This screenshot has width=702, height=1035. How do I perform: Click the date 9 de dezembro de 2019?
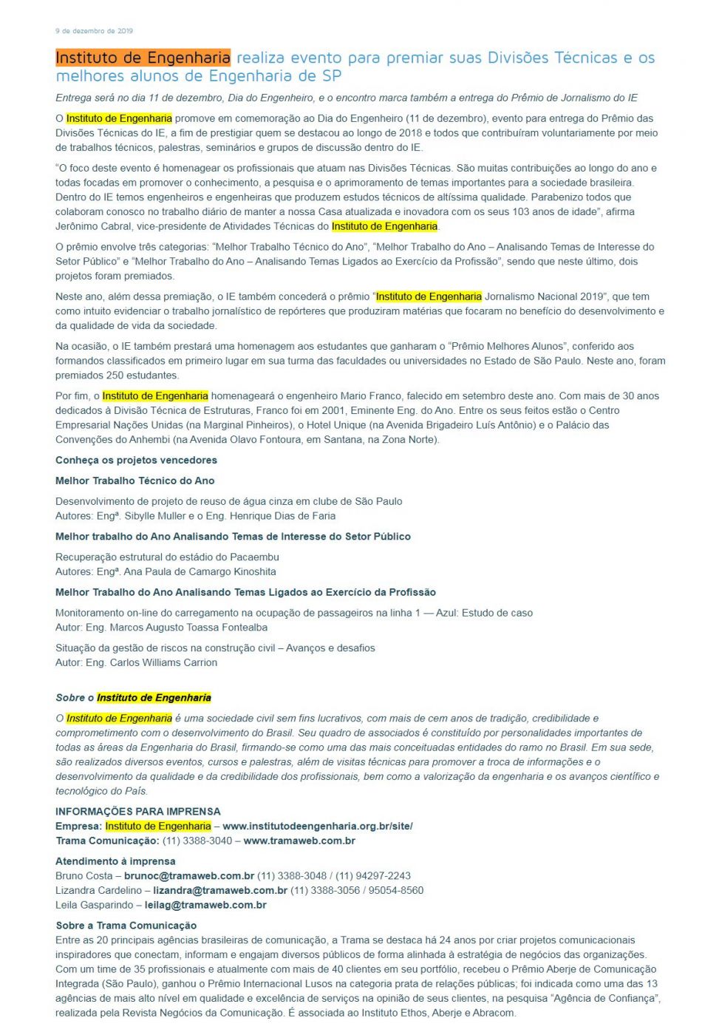(94, 31)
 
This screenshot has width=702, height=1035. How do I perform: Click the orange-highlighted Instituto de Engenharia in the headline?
(143, 58)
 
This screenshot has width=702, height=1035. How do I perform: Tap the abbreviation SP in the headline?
(332, 76)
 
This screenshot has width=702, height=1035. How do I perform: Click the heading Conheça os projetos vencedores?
(136, 461)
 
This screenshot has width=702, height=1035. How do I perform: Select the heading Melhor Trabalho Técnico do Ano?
(134, 481)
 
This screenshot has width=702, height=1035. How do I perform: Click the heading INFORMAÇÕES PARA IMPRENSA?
(137, 812)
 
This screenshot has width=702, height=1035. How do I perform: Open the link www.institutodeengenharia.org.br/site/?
(317, 827)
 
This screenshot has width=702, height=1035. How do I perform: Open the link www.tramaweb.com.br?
(299, 841)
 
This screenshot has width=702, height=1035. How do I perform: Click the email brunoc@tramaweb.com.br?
(188, 876)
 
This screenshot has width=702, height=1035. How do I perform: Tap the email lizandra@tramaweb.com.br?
(219, 891)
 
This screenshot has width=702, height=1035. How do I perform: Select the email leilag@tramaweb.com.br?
(205, 905)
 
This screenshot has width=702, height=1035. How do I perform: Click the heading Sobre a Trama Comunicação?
(126, 926)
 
